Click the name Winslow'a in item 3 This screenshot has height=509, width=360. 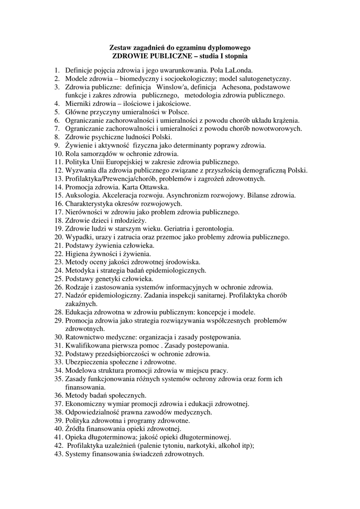point(173,87)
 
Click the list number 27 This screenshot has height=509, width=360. point(58,295)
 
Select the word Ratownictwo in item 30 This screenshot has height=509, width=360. point(85,337)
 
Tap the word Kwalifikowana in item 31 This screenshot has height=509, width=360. point(88,345)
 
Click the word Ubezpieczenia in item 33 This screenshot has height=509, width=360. point(87,362)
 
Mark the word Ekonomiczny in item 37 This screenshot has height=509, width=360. point(85,404)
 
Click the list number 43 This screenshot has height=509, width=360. point(58,454)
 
